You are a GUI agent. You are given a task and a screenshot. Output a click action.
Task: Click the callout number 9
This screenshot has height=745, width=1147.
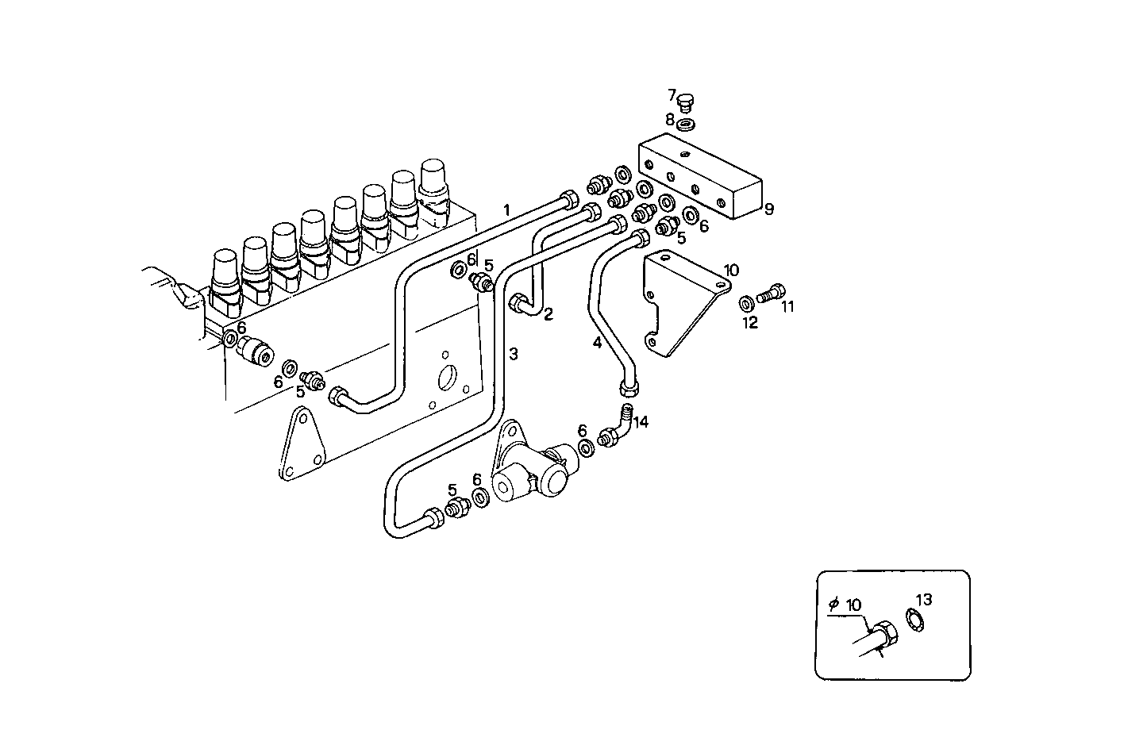tap(768, 209)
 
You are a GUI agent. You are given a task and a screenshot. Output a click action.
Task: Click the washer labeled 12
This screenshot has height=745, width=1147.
tap(747, 303)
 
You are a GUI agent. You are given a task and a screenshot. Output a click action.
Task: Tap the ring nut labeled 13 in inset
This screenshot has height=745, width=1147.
tap(914, 620)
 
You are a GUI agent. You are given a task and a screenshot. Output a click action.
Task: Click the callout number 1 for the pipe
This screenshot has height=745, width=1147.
tap(506, 210)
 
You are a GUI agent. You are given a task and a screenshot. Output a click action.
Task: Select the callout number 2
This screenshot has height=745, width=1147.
tap(548, 314)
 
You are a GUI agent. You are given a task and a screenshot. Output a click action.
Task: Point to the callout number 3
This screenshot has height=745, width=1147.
tap(514, 353)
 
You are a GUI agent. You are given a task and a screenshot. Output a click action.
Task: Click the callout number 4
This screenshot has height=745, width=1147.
tap(597, 343)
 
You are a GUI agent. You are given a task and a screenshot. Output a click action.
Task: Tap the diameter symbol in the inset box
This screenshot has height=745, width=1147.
tap(833, 605)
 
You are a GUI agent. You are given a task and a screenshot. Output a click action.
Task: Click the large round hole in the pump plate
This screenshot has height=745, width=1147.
tap(448, 376)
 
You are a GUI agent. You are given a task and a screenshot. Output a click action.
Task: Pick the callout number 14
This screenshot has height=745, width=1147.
tap(641, 422)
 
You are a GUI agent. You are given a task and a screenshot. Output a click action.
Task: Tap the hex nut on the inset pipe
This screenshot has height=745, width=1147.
tap(884, 634)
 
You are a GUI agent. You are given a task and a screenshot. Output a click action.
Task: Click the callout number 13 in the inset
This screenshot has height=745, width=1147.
tap(923, 599)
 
